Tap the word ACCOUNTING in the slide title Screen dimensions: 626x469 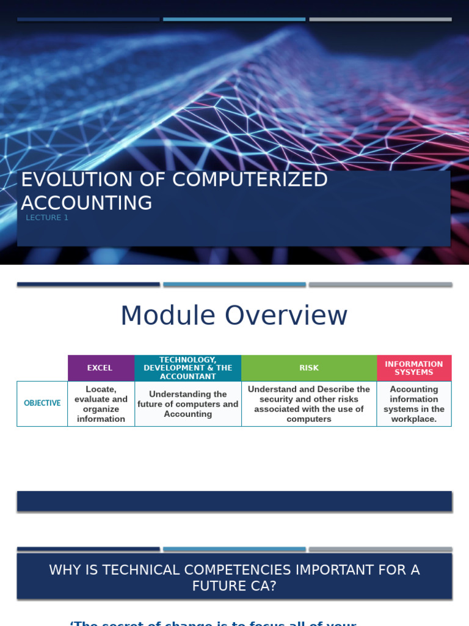click(x=87, y=203)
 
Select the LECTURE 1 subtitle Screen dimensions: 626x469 click(x=47, y=218)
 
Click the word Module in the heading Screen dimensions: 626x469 click(x=167, y=315)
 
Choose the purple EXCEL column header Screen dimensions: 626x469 click(x=100, y=368)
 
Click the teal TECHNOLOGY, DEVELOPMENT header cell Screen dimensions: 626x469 click(x=187, y=368)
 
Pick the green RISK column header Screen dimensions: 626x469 click(x=308, y=368)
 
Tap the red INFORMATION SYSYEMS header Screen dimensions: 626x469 click(x=413, y=368)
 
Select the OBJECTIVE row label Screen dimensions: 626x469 click(x=42, y=403)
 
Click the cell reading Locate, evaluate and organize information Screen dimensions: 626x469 click(x=101, y=404)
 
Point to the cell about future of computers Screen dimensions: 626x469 click(x=187, y=404)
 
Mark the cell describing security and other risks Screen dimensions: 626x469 click(x=308, y=404)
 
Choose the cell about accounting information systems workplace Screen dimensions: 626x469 click(x=413, y=404)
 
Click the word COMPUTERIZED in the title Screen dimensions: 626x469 click(x=250, y=180)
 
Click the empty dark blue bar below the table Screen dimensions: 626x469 click(x=234, y=501)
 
